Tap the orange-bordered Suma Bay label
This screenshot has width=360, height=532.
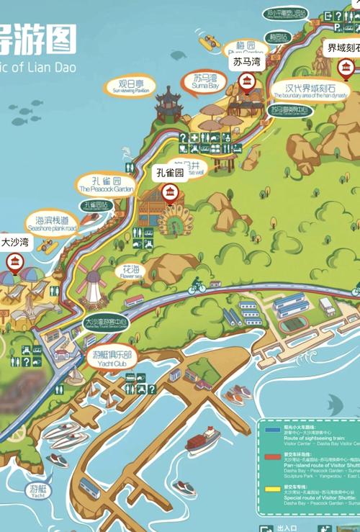tap(204, 81)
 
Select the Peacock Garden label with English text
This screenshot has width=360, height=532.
tap(105, 184)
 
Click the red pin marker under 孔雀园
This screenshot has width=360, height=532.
tap(171, 192)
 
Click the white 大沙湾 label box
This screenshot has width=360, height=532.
tap(15, 243)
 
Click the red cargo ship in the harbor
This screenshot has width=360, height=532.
tap(203, 438)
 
